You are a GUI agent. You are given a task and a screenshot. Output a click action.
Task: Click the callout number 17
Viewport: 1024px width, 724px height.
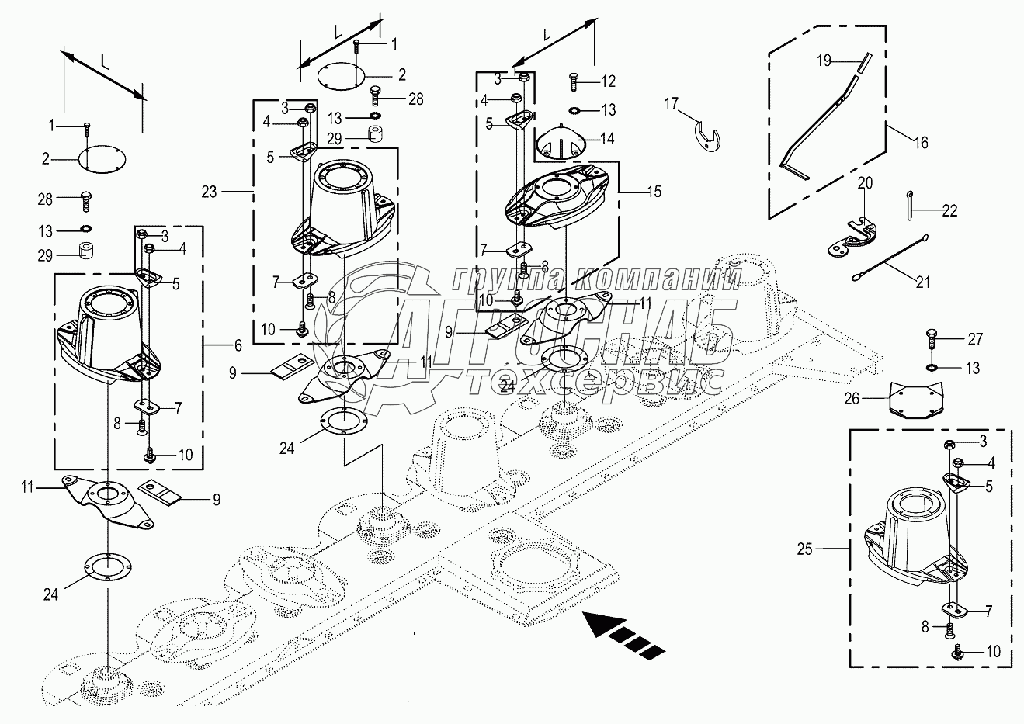(671, 102)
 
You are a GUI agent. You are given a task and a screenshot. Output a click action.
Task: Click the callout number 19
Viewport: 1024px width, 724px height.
(824, 59)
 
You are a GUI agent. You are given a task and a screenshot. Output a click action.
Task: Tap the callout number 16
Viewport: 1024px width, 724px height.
(921, 142)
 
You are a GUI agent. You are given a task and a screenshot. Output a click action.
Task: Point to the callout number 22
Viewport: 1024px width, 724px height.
(949, 210)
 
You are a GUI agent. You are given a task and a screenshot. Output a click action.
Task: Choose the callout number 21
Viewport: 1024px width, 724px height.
(922, 282)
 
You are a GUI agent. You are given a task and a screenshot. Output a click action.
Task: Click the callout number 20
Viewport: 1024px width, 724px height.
(865, 183)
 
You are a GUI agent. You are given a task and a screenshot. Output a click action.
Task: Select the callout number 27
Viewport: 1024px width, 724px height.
(974, 339)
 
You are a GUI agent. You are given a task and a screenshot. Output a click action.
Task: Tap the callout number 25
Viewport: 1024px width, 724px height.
(804, 549)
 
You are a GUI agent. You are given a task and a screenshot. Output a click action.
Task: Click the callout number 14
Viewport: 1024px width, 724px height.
(607, 139)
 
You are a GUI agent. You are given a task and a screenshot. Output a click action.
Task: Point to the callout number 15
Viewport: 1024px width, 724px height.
(654, 191)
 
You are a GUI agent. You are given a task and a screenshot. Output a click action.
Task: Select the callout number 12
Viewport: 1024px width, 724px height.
(608, 81)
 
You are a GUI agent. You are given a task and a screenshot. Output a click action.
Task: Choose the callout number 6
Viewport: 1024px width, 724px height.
(238, 344)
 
